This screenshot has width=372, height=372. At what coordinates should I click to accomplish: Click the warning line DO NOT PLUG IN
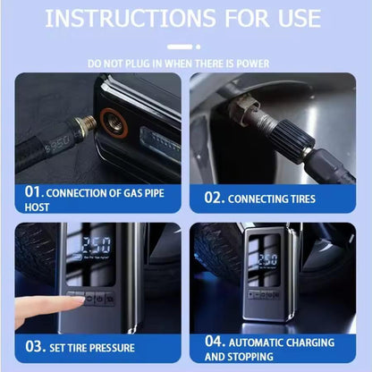tap(186, 63)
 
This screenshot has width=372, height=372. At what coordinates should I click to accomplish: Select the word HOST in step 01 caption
tap(38, 207)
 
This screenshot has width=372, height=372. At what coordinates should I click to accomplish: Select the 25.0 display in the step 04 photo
tap(266, 259)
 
